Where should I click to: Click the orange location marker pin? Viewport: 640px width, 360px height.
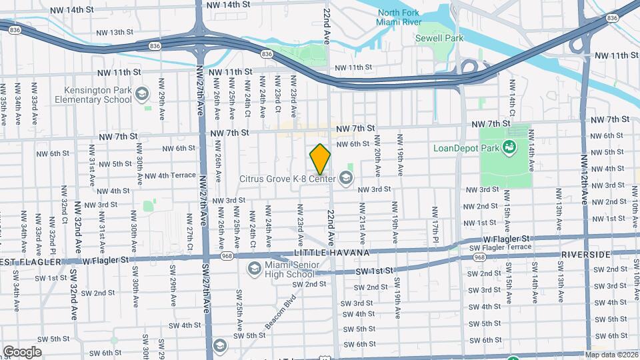[320, 159]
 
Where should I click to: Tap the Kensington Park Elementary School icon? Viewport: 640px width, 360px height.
[141, 95]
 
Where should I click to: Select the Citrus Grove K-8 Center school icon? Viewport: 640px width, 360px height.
[345, 177]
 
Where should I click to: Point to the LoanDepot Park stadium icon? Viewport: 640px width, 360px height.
[511, 147]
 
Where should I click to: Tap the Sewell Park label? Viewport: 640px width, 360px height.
[444, 39]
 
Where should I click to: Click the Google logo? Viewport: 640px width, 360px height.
[22, 351]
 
